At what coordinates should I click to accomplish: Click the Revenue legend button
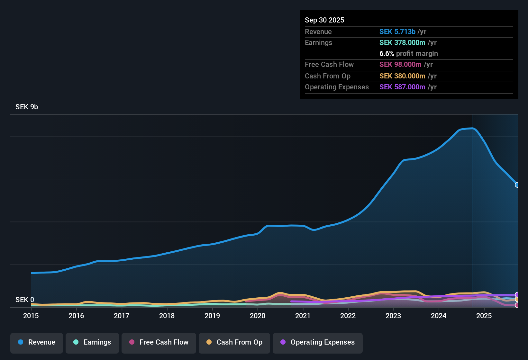37,342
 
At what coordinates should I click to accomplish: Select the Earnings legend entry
92,342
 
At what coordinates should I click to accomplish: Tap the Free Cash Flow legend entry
159,342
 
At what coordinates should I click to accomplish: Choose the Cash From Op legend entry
234,342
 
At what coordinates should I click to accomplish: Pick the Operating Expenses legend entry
318,342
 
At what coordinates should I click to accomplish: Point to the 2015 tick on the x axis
31,316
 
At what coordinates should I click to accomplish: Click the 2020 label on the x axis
258,316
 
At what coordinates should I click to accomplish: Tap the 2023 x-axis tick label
393,316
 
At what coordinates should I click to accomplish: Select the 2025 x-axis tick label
484,316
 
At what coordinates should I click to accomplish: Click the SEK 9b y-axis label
27,107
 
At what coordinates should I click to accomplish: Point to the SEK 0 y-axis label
25,300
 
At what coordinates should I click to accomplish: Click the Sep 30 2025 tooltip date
324,20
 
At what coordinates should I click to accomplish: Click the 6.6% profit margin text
408,54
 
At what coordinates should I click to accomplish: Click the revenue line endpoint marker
517,185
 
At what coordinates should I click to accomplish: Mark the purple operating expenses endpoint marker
517,295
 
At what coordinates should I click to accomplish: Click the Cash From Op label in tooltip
327,76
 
